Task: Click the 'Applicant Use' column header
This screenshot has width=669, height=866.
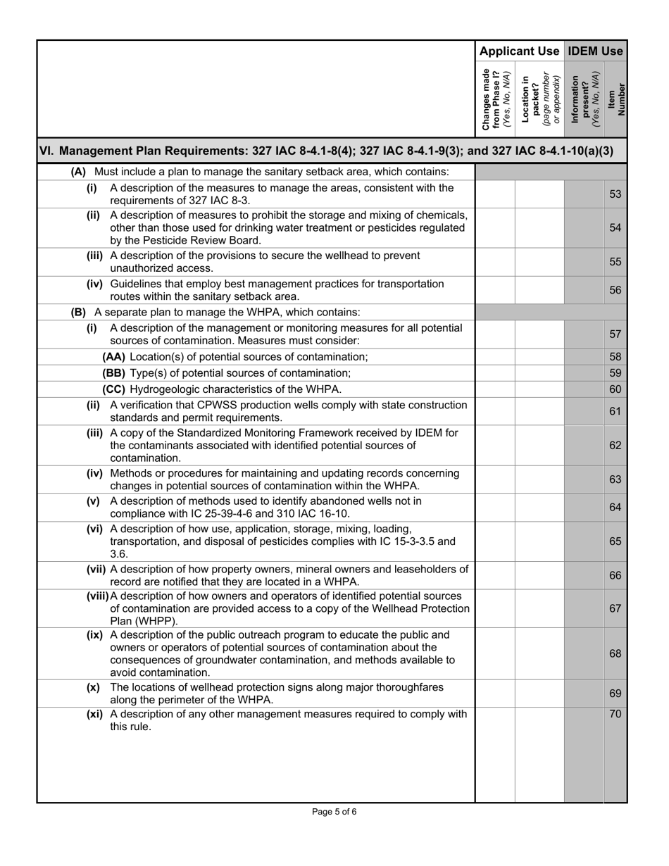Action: (519, 51)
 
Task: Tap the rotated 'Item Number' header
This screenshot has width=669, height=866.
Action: (615, 99)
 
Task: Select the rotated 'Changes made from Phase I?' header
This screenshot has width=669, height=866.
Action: (495, 99)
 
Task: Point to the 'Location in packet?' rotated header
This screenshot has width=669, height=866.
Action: (539, 99)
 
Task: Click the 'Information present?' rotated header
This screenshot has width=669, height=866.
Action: (584, 99)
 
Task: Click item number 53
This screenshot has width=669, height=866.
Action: (615, 194)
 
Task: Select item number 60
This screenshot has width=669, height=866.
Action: (615, 389)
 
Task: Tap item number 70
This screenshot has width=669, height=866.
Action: (615, 715)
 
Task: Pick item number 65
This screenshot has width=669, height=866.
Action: (615, 541)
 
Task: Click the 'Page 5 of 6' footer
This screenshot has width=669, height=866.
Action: (334, 812)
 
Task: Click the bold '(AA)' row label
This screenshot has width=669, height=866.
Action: (114, 357)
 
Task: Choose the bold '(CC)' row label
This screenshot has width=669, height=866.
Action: (114, 389)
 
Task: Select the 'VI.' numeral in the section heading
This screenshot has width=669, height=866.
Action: (46, 151)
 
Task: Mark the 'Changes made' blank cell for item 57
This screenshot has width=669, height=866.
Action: (495, 334)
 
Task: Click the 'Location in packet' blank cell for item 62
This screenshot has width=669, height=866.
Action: (539, 445)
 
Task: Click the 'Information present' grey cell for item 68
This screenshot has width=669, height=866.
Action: (584, 653)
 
